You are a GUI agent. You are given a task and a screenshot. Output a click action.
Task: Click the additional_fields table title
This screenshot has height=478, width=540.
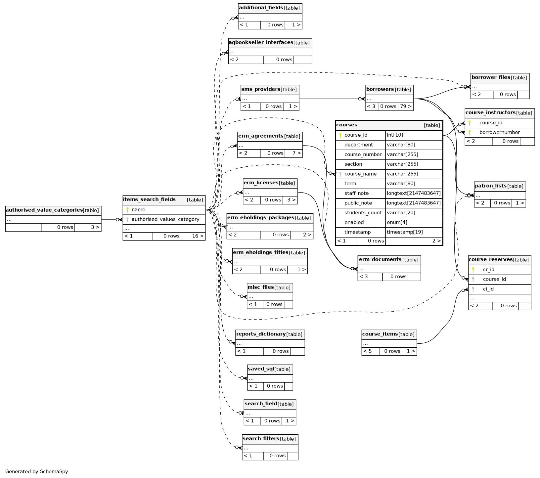261,8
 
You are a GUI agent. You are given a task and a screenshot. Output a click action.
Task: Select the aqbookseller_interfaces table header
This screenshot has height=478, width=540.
261,42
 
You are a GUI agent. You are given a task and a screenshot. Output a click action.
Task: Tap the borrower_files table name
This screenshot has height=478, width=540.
491,77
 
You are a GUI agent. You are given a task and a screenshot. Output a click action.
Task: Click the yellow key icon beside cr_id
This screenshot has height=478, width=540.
473,270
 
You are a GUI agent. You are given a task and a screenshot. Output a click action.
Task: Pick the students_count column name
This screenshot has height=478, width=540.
363,213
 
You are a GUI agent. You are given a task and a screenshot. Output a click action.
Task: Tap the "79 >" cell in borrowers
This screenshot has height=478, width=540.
405,107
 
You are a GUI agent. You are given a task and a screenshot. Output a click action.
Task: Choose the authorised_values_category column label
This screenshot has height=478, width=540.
165,219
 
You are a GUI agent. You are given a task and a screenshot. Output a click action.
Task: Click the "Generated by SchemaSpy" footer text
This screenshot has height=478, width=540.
37,472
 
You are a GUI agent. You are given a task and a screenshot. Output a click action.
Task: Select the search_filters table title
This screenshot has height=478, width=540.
261,439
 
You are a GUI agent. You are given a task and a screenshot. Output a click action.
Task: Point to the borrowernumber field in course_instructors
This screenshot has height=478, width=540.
499,132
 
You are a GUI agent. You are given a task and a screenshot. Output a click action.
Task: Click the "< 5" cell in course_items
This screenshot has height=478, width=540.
371,351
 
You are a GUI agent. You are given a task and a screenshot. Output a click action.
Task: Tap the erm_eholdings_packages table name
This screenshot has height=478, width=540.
260,218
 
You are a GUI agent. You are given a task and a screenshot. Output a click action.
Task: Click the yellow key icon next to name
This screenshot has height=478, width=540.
127,210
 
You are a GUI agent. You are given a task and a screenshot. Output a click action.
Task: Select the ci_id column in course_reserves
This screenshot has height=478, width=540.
488,289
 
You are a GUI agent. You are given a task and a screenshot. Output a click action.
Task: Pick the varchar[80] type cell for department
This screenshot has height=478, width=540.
401,145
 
